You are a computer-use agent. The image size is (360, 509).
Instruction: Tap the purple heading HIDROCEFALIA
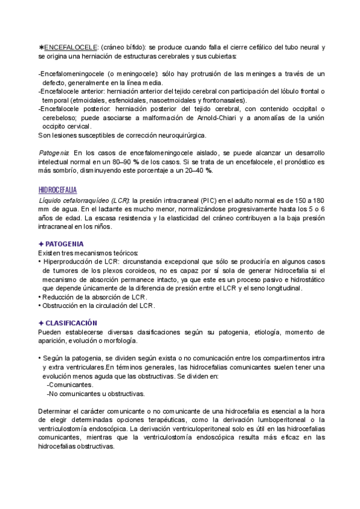tap(57, 190)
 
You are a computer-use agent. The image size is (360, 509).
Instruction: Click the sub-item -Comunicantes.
tap(70, 385)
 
